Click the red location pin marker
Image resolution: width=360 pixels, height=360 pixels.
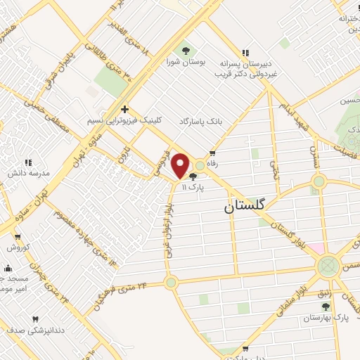[181, 165]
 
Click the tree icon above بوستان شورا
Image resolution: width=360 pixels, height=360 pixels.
[186, 51]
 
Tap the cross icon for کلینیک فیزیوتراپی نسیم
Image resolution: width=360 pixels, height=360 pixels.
[124, 109]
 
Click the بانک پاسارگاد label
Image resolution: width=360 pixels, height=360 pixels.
[203, 121]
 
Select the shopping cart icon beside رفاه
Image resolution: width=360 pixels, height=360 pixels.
[212, 153]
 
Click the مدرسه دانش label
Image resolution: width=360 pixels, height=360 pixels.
[27, 173]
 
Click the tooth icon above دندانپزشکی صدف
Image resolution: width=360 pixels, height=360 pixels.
[35, 319]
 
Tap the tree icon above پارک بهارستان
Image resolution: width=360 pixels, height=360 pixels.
[325, 307]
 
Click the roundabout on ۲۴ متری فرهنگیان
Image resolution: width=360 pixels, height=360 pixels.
[170, 283]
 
